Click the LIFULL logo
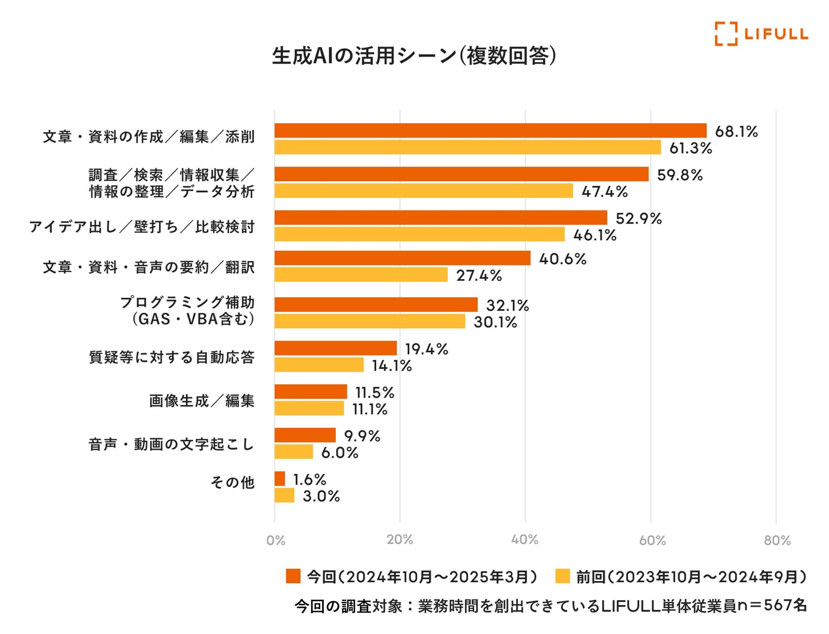pyautogui.click(x=761, y=34)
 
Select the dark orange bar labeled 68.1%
pyautogui.click(x=490, y=131)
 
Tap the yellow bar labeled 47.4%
pyautogui.click(x=424, y=191)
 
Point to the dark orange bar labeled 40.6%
pyautogui.click(x=403, y=258)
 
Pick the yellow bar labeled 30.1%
pyautogui.click(x=370, y=322)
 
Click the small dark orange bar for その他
pyautogui.click(x=280, y=479)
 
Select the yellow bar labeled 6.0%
pyautogui.click(x=294, y=452)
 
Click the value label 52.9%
pyautogui.click(x=638, y=218)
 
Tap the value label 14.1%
pyautogui.click(x=392, y=365)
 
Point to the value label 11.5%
pyautogui.click(x=375, y=392)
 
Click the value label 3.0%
pyautogui.click(x=321, y=496)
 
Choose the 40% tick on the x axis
pyautogui.click(x=525, y=540)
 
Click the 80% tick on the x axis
pyautogui.click(x=777, y=540)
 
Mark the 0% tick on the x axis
pyautogui.click(x=276, y=540)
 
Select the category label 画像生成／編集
pyautogui.click(x=202, y=401)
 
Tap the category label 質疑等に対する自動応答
pyautogui.click(x=172, y=357)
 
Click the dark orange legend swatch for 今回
pyautogui.click(x=293, y=576)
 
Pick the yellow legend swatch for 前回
pyautogui.click(x=562, y=576)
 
